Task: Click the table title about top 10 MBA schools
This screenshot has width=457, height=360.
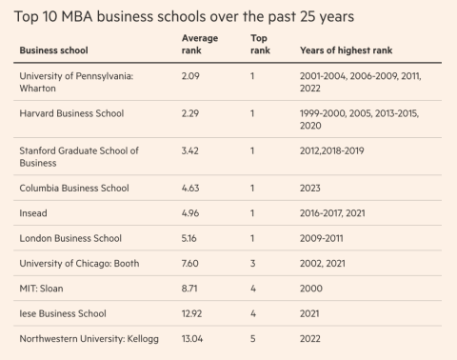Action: pyautogui.click(x=184, y=17)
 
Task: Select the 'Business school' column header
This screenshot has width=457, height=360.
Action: pyautogui.click(x=53, y=50)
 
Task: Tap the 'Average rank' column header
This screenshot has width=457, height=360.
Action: pyautogui.click(x=200, y=44)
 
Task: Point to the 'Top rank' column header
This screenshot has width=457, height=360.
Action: pyautogui.click(x=260, y=44)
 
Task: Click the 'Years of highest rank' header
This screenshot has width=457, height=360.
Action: pyautogui.click(x=346, y=50)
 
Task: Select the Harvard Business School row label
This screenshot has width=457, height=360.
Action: pyautogui.click(x=71, y=113)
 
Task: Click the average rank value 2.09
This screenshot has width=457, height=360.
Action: pyautogui.click(x=190, y=76)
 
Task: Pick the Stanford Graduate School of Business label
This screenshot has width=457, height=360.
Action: pyautogui.click(x=79, y=156)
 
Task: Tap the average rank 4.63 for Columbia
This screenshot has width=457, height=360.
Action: pyautogui.click(x=190, y=188)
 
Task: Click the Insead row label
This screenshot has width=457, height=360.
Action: pyautogui.click(x=33, y=213)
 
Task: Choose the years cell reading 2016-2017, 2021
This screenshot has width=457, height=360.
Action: pyautogui.click(x=332, y=213)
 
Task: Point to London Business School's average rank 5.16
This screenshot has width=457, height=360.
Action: pyautogui.click(x=189, y=238)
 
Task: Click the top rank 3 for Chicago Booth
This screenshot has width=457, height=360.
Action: pyautogui.click(x=252, y=263)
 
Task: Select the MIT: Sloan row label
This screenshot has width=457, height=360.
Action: pyautogui.click(x=41, y=289)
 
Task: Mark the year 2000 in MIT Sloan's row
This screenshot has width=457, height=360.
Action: pyautogui.click(x=311, y=289)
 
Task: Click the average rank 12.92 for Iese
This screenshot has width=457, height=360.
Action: pyautogui.click(x=191, y=313)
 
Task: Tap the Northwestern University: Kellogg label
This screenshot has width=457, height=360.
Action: pyautogui.click(x=89, y=339)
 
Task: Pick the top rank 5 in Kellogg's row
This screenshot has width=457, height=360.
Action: pyautogui.click(x=252, y=338)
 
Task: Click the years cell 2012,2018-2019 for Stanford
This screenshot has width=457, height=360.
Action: pyautogui.click(x=332, y=150)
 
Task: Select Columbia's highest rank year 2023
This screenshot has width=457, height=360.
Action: pyautogui.click(x=310, y=188)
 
